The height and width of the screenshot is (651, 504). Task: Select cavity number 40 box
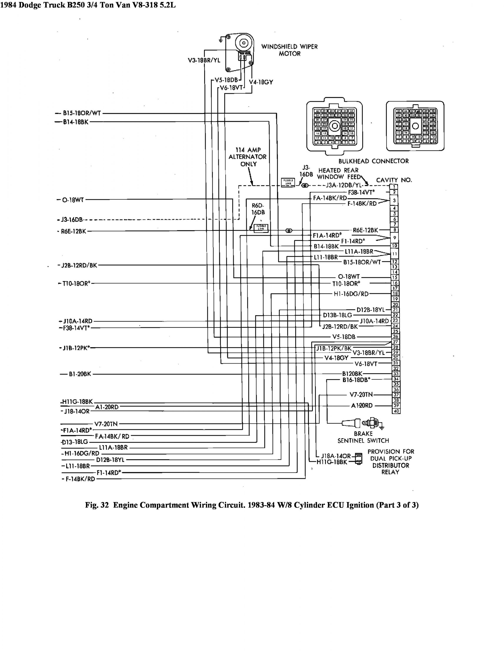[x=396, y=411]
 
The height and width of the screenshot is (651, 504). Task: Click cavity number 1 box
[x=395, y=187]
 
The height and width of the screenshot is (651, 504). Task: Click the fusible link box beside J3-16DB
[x=288, y=182]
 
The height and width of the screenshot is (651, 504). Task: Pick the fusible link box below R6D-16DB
[x=261, y=228]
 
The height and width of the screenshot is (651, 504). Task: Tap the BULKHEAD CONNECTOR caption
[x=374, y=161]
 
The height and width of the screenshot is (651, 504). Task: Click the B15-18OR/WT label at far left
[x=82, y=113]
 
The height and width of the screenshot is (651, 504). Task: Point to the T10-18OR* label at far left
[x=76, y=283]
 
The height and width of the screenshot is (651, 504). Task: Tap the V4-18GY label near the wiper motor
[x=261, y=82]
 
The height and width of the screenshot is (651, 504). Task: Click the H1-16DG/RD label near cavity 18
[x=351, y=294]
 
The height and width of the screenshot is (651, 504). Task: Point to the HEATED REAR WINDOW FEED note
[x=338, y=173]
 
